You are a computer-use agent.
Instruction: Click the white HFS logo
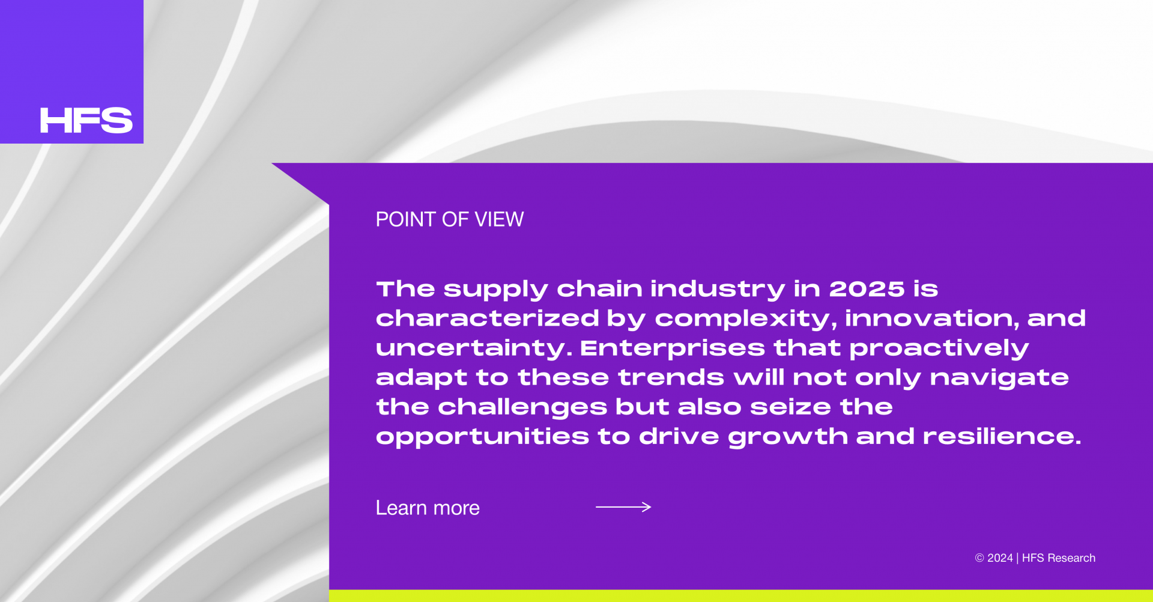pos(86,120)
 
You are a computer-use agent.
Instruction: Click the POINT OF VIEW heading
pos(450,219)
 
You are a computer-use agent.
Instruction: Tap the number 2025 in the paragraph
pos(867,289)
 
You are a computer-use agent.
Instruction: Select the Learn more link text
pos(428,508)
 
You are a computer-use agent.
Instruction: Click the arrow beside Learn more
pos(623,507)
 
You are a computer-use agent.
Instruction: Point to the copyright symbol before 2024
pos(979,558)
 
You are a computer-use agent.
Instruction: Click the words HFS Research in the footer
pos(1059,558)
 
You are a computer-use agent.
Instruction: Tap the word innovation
pos(932,318)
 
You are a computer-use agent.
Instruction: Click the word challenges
pos(522,407)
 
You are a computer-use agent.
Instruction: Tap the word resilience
pos(1002,436)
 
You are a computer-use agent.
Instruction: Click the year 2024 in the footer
pos(1000,558)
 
